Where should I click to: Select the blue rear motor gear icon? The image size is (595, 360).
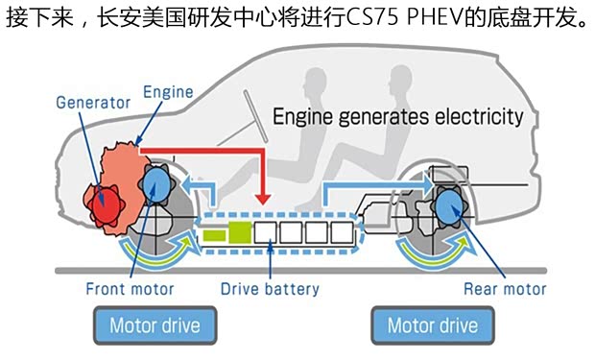(448, 204)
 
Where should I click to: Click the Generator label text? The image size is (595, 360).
(94, 102)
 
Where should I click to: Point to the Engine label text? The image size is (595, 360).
(168, 93)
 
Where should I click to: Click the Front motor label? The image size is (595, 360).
(130, 288)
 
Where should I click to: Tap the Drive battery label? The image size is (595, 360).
(270, 288)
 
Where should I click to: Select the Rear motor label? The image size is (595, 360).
(505, 288)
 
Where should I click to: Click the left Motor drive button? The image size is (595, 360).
(155, 325)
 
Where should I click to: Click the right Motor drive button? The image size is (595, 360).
(432, 325)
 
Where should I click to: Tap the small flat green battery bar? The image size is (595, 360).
(213, 233)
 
